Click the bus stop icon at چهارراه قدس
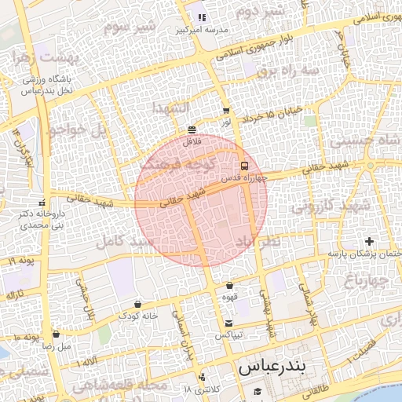click(244, 166)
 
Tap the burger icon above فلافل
click(192, 129)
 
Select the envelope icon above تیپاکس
click(228, 323)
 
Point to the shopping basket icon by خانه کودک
click(138, 304)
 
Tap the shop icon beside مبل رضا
click(56, 334)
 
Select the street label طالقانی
click(316, 389)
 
